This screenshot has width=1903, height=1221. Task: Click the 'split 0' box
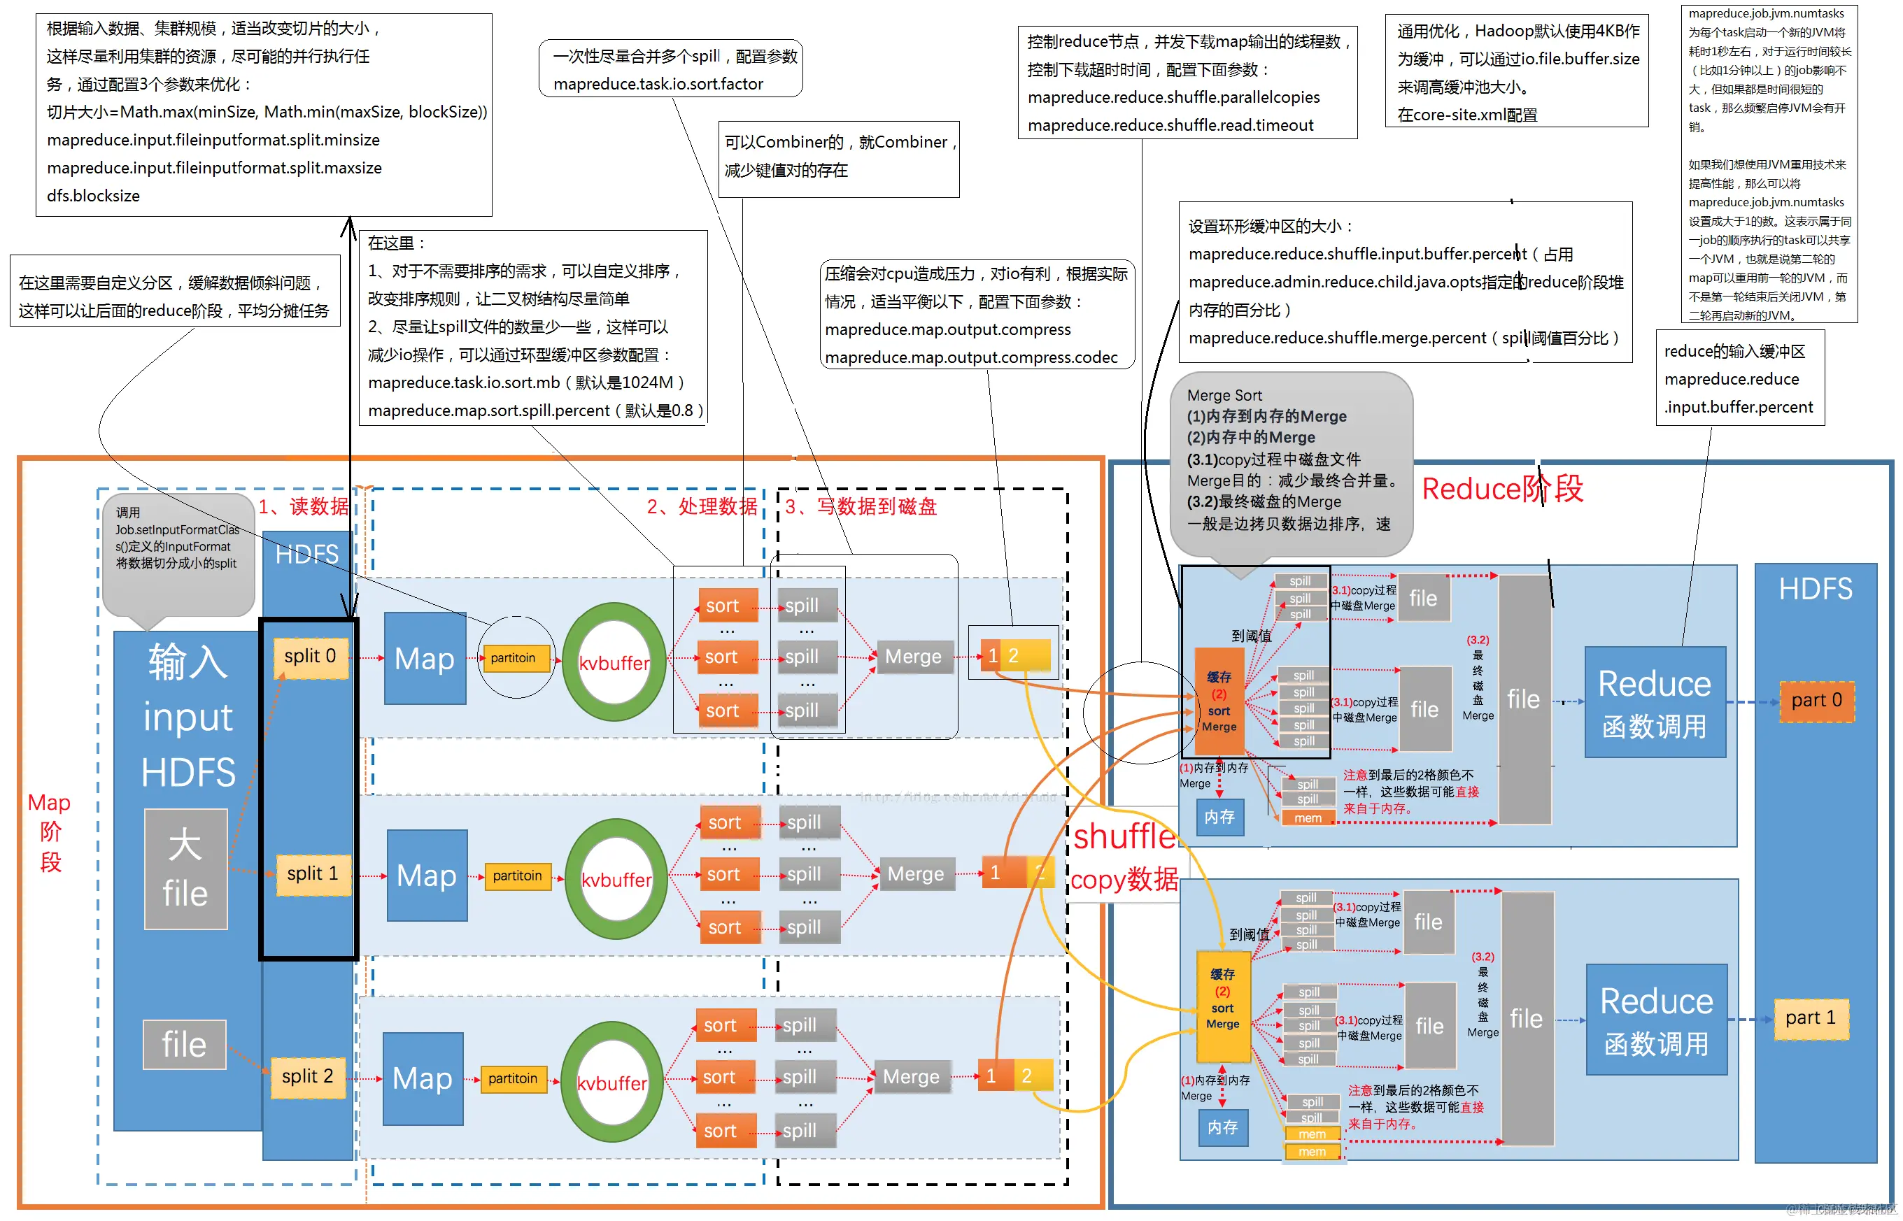pyautogui.click(x=310, y=657)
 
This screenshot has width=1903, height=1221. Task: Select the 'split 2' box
pyautogui.click(x=308, y=1077)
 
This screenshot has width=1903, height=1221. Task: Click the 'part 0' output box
pyautogui.click(x=1816, y=701)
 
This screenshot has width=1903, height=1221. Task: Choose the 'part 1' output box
pyautogui.click(x=1810, y=1019)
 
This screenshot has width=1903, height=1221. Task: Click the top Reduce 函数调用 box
pyautogui.click(x=1655, y=703)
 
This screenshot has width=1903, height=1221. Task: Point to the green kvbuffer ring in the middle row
pyautogui.click(x=616, y=879)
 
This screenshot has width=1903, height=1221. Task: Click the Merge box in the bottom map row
pyautogui.click(x=911, y=1077)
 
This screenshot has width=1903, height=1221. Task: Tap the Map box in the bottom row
pyautogui.click(x=422, y=1078)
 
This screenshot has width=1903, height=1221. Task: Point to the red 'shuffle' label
pyautogui.click(x=1122, y=836)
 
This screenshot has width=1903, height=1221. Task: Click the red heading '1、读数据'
pyautogui.click(x=303, y=506)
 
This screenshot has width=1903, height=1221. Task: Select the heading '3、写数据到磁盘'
pyautogui.click(x=861, y=506)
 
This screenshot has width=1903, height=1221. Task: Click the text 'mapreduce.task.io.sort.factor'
pyautogui.click(x=658, y=84)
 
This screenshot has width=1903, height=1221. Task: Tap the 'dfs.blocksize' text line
pyautogui.click(x=93, y=196)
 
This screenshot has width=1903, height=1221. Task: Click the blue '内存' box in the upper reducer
pyautogui.click(x=1219, y=817)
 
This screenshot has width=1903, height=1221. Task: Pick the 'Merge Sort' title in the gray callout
pyautogui.click(x=1224, y=396)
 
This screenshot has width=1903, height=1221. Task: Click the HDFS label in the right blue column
pyautogui.click(x=1815, y=589)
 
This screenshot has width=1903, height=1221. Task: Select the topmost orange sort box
pyautogui.click(x=723, y=606)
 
